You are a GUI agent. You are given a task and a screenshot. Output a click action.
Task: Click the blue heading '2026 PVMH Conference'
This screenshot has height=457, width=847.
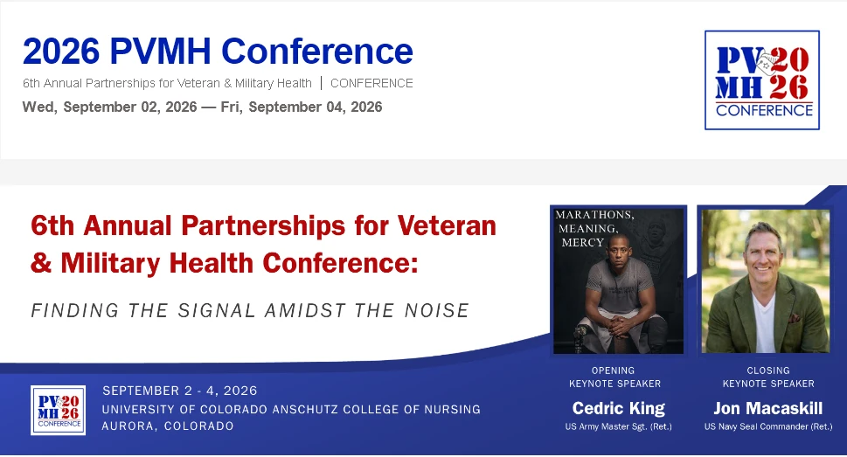coord(218,52)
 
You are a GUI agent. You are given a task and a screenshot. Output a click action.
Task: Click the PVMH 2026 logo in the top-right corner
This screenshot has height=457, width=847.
coord(762,80)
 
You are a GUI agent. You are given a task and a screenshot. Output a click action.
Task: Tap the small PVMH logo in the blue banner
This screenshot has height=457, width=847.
coord(58,410)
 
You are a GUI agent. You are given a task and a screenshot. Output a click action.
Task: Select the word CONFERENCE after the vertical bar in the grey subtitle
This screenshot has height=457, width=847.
coord(371,83)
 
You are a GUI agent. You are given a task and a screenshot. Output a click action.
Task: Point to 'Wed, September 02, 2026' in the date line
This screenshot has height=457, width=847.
coord(109,107)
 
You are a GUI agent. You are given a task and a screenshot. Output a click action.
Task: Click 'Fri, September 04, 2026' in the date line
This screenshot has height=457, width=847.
coord(302,107)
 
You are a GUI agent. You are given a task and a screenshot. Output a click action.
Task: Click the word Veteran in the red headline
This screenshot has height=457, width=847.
coord(447,225)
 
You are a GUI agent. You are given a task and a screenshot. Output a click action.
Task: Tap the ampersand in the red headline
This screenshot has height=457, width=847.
coord(41,263)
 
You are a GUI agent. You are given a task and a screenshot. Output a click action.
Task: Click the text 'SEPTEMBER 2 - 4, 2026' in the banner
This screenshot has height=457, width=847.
coord(180,391)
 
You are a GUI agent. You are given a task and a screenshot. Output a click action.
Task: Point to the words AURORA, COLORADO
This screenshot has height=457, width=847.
coord(168,426)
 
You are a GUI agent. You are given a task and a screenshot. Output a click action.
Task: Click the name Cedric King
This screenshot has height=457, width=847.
coord(619,408)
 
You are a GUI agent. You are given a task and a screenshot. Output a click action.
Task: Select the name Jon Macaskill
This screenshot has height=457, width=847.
coord(768,408)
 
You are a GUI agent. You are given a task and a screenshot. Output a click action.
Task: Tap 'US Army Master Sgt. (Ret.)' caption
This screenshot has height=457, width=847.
coord(619,426)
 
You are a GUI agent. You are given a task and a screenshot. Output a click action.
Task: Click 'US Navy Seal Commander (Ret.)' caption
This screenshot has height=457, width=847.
coord(768,426)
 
